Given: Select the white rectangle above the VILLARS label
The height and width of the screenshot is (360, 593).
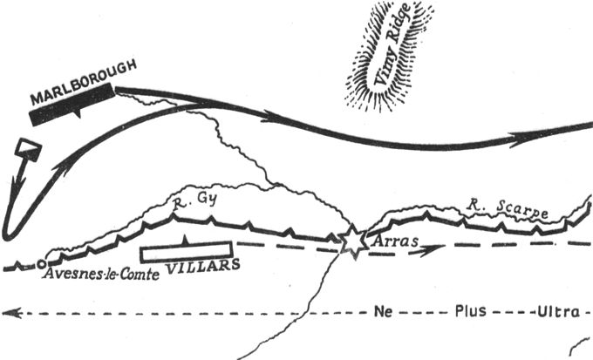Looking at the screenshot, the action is pos(185,250).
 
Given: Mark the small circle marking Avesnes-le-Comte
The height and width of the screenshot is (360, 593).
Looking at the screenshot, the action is pos(41,262).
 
